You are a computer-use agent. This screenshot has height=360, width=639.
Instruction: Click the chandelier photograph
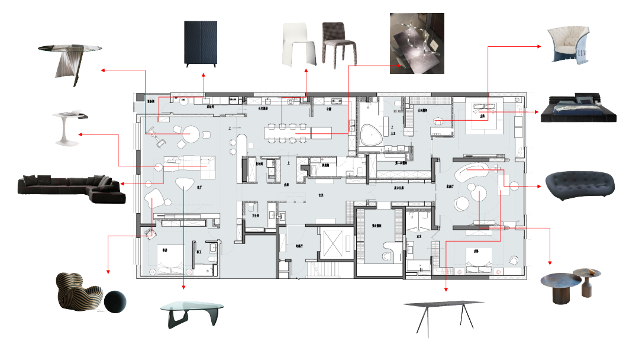coord(417,43)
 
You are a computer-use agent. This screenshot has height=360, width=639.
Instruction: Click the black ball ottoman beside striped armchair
coord(115,301)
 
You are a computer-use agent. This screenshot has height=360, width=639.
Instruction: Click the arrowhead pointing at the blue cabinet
coord(204,75)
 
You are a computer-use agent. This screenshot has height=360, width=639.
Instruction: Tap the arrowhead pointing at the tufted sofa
coord(540,186)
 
